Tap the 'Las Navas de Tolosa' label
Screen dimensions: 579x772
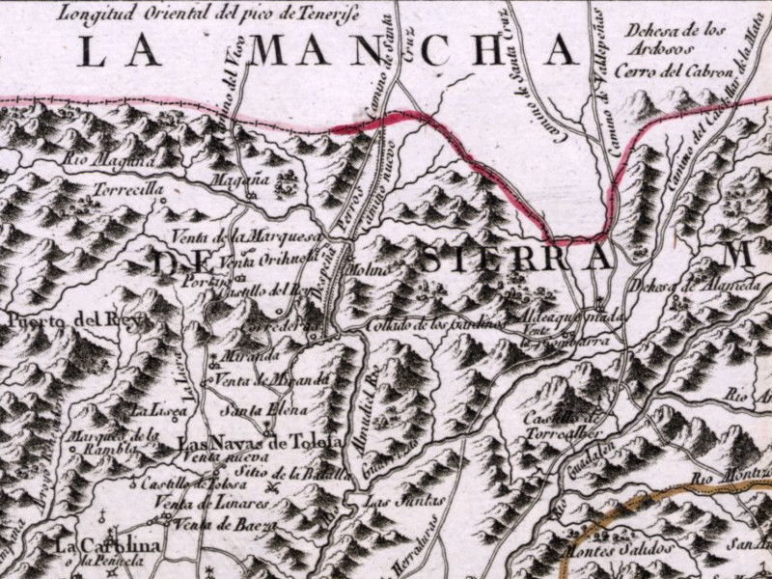tap(261, 442)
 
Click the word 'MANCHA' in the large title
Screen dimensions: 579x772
tap(414, 51)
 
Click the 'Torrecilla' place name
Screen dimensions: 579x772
tap(127, 190)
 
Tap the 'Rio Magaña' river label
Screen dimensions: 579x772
tap(106, 160)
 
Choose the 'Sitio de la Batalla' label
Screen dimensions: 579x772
tap(289, 473)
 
